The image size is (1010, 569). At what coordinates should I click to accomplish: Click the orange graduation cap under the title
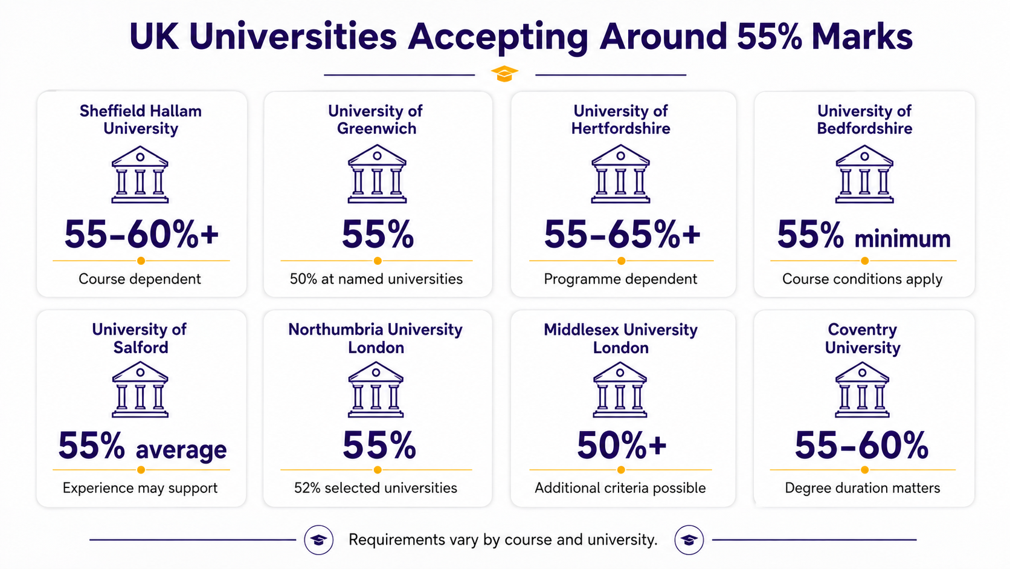click(x=504, y=74)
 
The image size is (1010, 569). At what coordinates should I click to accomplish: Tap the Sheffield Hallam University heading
click(x=141, y=120)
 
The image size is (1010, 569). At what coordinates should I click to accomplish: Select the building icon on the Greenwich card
click(x=377, y=174)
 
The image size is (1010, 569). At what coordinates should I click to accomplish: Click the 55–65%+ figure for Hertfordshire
click(x=622, y=234)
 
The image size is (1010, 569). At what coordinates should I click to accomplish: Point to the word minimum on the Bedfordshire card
click(x=902, y=239)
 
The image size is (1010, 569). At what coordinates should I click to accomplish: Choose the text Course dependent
click(x=140, y=279)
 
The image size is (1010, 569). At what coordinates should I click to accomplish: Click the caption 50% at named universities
click(x=376, y=279)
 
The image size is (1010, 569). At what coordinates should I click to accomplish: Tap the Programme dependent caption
click(x=620, y=279)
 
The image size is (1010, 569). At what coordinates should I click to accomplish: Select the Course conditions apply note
click(x=862, y=279)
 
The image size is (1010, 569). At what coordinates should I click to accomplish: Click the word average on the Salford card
click(x=181, y=450)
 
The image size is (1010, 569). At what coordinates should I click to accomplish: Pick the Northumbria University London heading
click(x=376, y=339)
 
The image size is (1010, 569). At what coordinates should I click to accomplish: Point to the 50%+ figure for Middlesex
click(x=622, y=444)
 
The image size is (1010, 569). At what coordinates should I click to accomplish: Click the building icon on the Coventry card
click(x=862, y=390)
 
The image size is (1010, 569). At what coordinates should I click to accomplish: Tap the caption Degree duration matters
click(x=862, y=488)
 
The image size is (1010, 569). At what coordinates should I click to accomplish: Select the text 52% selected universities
click(x=376, y=488)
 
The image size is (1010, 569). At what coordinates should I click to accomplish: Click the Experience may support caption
click(x=140, y=488)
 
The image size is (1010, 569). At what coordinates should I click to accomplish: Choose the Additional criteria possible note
click(x=620, y=488)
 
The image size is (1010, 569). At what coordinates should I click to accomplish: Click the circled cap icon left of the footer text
click(x=319, y=539)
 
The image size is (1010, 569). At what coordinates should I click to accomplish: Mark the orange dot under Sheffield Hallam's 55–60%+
click(x=141, y=261)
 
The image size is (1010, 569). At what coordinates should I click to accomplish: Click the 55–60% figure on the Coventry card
click(x=861, y=445)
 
